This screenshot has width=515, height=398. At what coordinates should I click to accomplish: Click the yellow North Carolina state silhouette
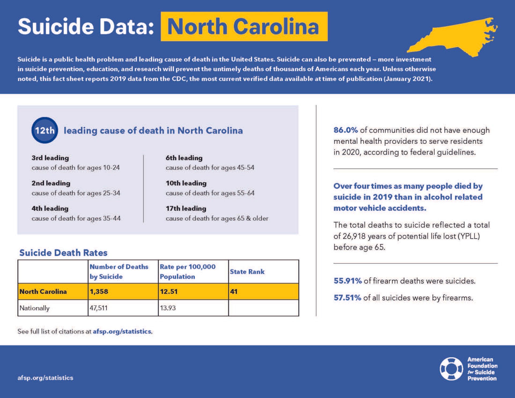tap(453, 38)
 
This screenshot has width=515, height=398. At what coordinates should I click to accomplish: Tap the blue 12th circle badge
tap(45, 130)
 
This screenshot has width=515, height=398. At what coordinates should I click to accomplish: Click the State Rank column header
tap(247, 272)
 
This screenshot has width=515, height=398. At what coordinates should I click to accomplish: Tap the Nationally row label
tap(35, 308)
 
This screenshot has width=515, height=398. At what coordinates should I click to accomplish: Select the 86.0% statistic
tap(345, 130)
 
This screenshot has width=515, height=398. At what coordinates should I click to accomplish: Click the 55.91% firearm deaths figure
tap(348, 281)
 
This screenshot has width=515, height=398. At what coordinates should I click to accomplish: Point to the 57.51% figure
tap(347, 298)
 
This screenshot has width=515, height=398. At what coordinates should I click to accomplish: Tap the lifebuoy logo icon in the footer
tap(451, 369)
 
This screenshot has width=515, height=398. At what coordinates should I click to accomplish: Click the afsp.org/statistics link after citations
tap(122, 331)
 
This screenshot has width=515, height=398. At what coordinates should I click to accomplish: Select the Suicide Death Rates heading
tap(63, 253)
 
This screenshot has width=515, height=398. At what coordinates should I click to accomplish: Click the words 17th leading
tap(186, 208)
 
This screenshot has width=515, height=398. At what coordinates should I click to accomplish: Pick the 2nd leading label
tap(51, 183)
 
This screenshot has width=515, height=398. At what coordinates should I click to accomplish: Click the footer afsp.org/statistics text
tap(45, 378)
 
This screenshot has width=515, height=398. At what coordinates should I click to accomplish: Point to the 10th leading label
tap(186, 183)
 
